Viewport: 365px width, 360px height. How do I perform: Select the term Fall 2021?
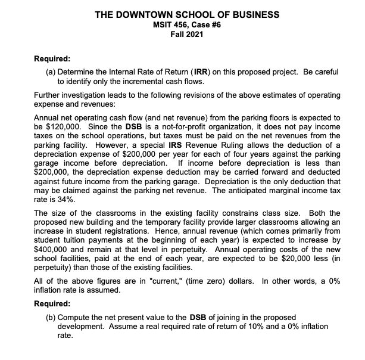click(x=182, y=34)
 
